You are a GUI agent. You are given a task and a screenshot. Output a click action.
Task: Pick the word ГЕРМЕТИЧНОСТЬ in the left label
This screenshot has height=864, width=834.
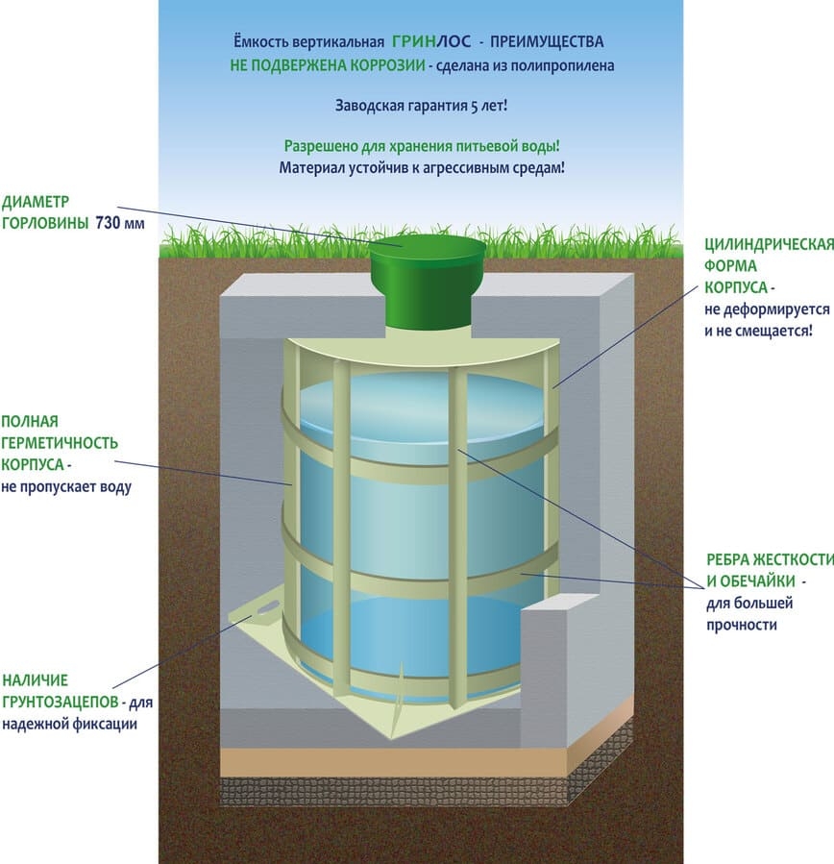point(60,443)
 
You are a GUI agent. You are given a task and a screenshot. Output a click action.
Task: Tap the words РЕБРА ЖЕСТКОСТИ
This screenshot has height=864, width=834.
point(765,560)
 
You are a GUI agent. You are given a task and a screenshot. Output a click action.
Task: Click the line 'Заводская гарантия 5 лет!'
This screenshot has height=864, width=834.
point(421,105)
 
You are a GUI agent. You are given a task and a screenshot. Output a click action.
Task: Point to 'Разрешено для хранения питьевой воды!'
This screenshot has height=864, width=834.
point(421,146)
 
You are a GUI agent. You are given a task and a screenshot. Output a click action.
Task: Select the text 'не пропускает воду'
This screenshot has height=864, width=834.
point(66,486)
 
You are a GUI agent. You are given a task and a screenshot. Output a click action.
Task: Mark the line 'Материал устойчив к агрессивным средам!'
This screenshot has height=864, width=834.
point(421,167)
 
